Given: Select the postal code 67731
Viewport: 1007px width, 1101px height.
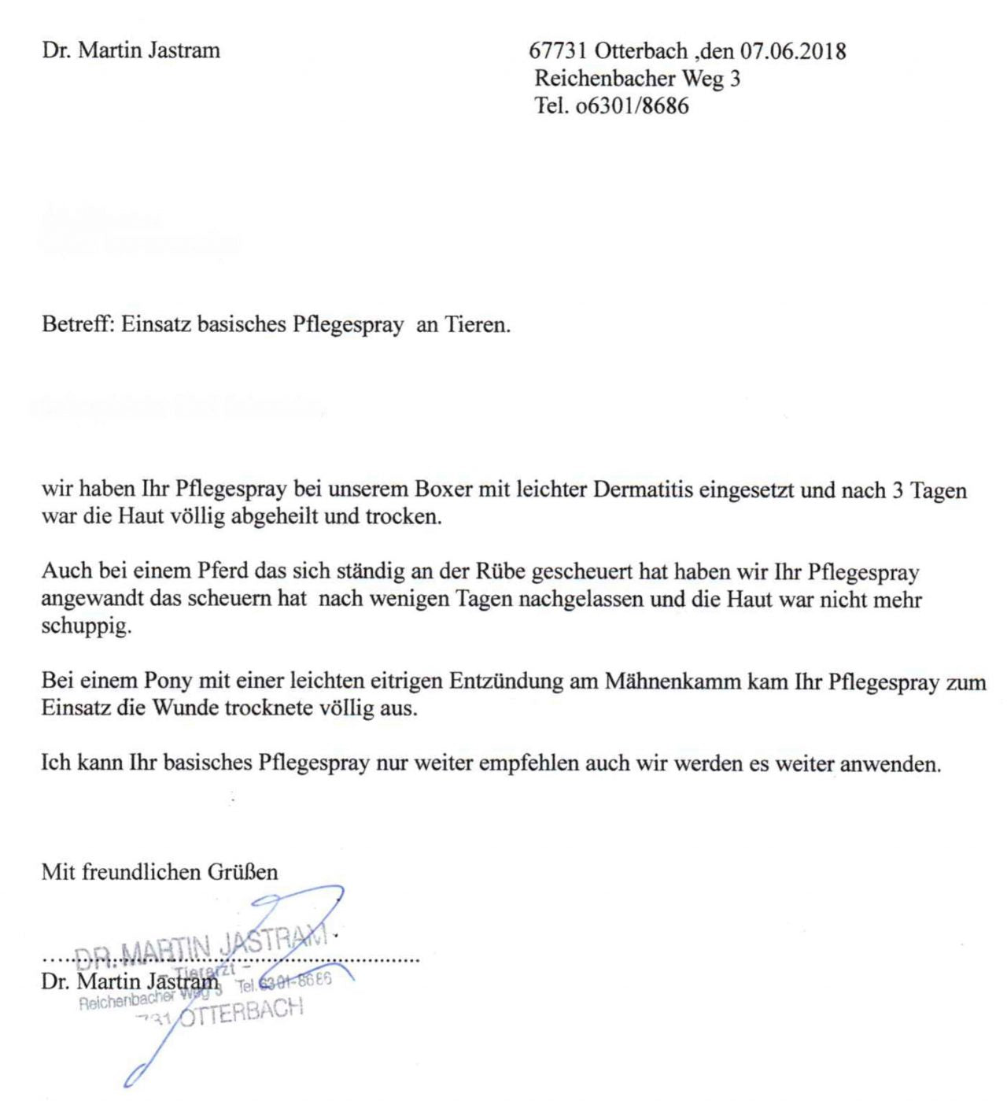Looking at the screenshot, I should (558, 51).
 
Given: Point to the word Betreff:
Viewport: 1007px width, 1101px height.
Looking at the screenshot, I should (78, 324).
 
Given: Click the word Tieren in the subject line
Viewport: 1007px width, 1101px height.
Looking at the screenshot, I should (477, 324).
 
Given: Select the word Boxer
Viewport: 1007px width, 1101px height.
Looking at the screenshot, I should (444, 490).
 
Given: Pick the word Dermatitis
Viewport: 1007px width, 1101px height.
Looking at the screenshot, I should (643, 490).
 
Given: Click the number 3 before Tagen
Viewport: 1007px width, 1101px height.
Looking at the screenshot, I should (897, 490).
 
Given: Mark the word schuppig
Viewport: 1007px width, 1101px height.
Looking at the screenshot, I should (86, 627).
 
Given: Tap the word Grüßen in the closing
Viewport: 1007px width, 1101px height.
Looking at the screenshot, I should (242, 872).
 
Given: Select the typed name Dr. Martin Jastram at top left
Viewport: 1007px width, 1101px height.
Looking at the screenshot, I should (131, 51).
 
